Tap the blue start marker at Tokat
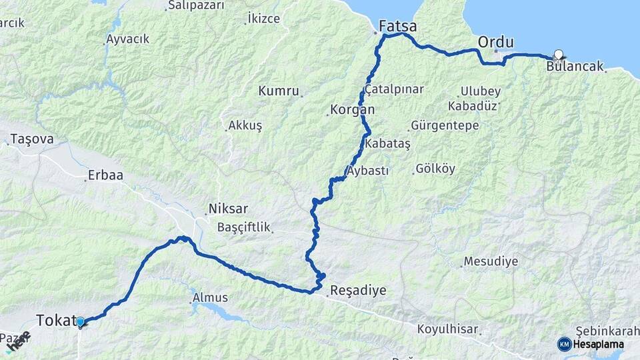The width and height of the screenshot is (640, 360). click(80, 323)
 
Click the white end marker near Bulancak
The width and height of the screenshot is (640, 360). click(559, 55)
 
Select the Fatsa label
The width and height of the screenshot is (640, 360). click(397, 27)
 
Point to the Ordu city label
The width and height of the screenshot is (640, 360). click(496, 42)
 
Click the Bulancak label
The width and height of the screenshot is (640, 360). click(575, 67)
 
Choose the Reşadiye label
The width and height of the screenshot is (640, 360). click(358, 291)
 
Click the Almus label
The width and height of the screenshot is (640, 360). click(210, 297)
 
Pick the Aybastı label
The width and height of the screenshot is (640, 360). click(368, 171)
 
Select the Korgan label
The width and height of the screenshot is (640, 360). click(353, 109)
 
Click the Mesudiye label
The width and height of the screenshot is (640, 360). click(491, 261)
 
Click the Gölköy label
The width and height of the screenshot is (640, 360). click(435, 169)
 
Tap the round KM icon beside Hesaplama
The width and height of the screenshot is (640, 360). click(565, 344)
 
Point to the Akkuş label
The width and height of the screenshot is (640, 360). click(245, 125)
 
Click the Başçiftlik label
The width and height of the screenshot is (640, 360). click(244, 227)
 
